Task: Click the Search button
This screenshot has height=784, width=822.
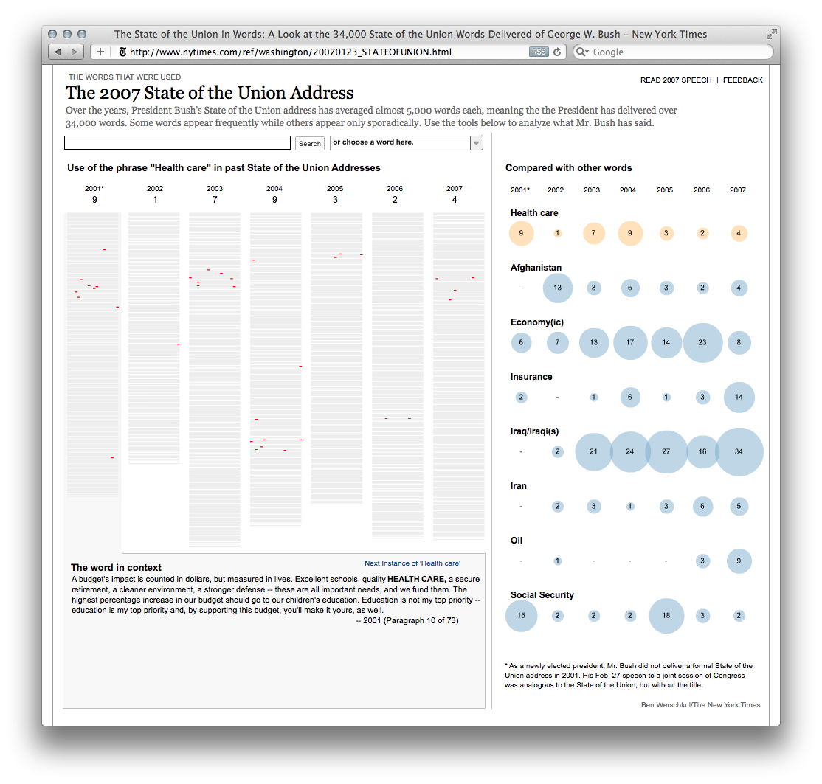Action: point(310,144)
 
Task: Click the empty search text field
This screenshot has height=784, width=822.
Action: point(177,143)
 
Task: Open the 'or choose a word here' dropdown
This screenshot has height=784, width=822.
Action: point(407,143)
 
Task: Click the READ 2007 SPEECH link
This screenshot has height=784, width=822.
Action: point(676,80)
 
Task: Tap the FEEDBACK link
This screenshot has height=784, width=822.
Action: point(742,80)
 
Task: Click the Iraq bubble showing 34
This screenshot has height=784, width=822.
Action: point(739,452)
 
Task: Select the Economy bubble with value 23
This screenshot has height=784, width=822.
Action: point(702,343)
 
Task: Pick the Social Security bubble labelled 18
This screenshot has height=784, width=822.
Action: point(666,616)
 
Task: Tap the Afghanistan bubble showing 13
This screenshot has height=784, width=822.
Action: point(557,288)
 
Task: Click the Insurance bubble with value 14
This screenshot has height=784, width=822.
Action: point(739,398)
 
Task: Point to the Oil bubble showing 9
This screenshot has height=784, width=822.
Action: point(739,561)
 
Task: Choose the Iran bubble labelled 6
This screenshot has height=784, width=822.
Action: point(702,507)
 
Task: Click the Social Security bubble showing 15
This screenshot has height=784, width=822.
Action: point(521,616)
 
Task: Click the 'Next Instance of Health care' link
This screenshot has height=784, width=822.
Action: point(412,563)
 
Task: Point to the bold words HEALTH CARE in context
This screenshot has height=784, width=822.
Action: point(416,580)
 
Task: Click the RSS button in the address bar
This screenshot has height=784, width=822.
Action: point(539,52)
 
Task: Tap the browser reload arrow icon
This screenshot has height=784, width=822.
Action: point(558,52)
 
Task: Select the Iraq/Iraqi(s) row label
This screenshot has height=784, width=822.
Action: point(534,431)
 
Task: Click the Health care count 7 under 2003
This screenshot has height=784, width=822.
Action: point(215,200)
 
